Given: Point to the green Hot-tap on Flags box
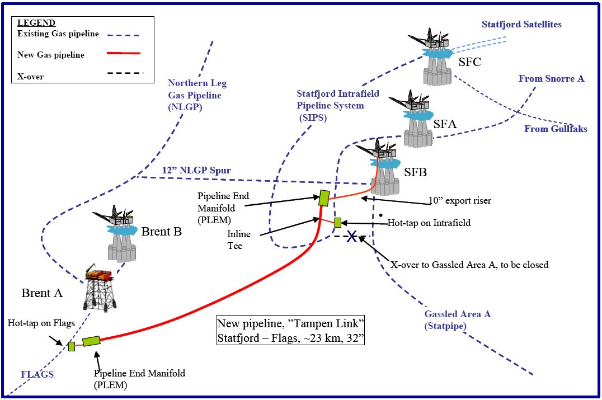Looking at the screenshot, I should pos(72,346).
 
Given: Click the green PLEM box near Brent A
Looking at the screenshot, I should pos(91,341).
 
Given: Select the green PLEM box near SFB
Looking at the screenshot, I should pos(323,197).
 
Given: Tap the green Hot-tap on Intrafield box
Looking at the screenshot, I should pos(337,223).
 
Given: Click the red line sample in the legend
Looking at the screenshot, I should pos(121,54).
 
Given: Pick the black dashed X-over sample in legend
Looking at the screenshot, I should pos(121,73).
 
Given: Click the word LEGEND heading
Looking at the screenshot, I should pos(36,23).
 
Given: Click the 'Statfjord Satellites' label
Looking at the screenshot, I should pos(521,25).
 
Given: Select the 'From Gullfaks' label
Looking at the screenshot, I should pos(556,129).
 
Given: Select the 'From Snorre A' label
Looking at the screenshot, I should pos(551,78).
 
